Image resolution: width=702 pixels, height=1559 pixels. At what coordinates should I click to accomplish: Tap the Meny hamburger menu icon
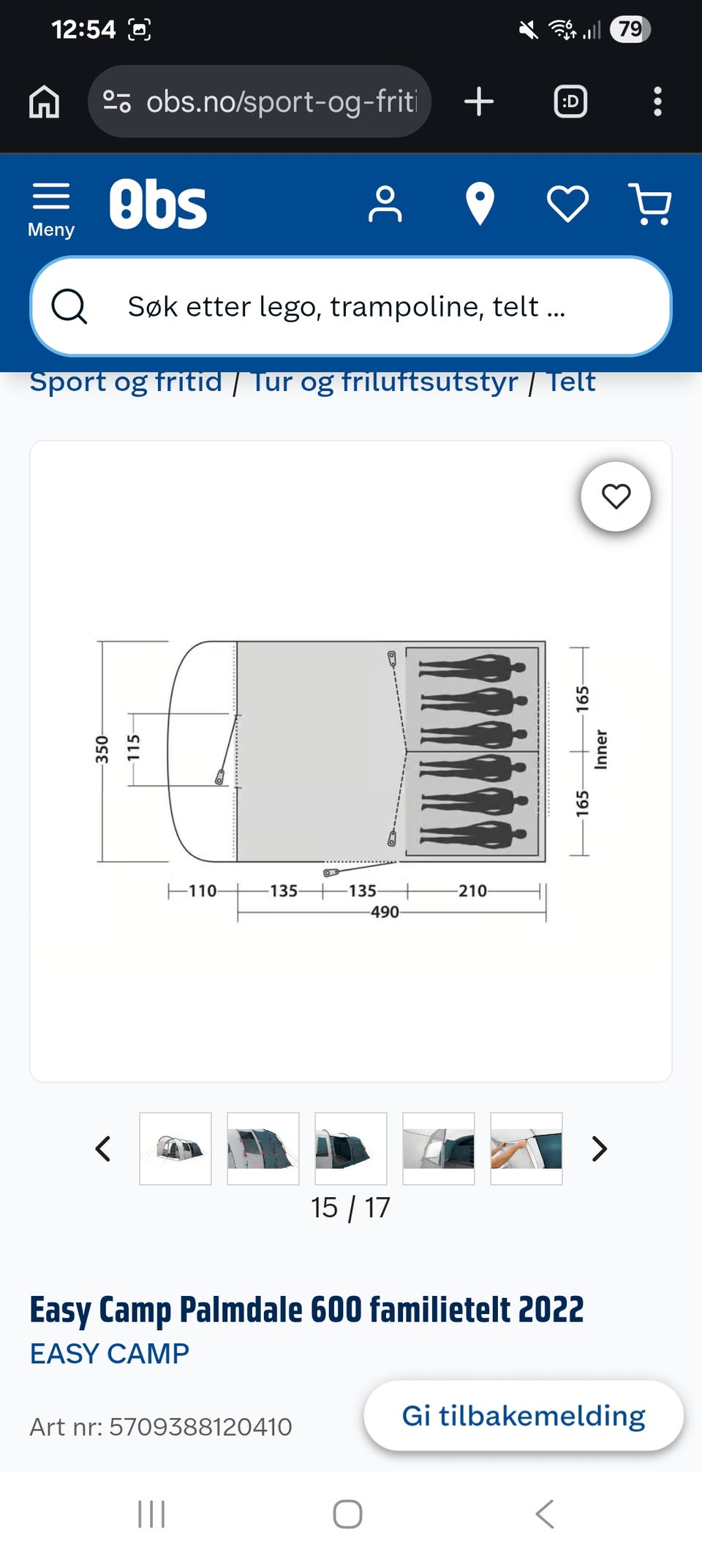tap(51, 197)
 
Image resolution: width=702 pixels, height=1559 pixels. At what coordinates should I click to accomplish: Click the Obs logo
tap(158, 204)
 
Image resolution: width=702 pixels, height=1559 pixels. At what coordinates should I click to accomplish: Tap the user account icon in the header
tap(385, 204)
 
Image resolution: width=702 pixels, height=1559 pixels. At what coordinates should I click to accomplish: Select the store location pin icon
tap(480, 204)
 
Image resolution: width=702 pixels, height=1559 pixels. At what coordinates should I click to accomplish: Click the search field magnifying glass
tap(69, 306)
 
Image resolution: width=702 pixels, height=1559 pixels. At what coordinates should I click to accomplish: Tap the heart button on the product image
tap(616, 496)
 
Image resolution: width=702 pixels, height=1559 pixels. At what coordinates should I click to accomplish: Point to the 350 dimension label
tap(102, 750)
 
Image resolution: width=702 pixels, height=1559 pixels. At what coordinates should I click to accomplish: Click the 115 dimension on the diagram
tap(133, 748)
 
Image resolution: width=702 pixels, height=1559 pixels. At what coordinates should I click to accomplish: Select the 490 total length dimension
tap(385, 912)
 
